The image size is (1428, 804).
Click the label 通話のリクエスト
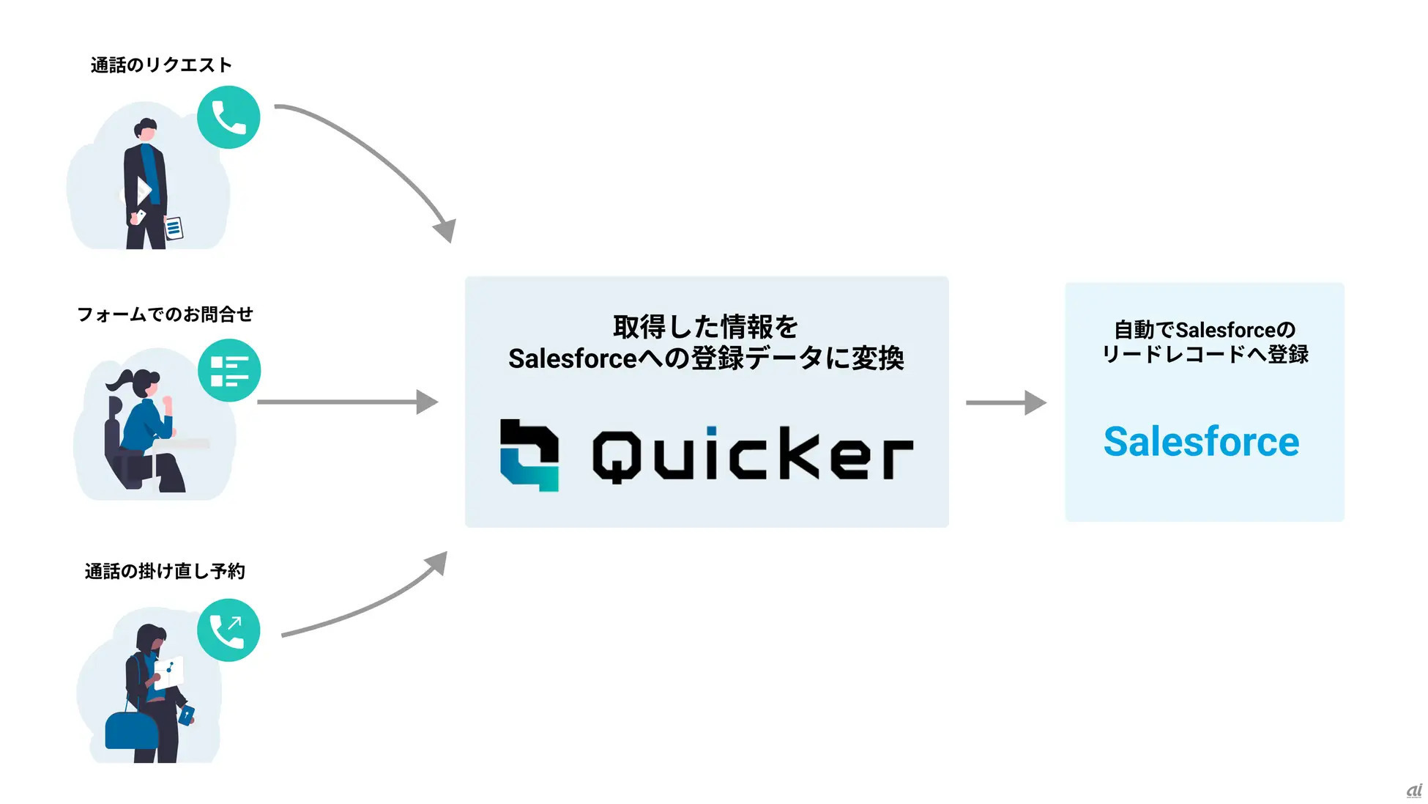pos(161,65)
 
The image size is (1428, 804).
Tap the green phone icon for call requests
pos(228,117)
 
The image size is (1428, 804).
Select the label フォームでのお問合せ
pos(165,314)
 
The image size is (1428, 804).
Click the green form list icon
pos(229,371)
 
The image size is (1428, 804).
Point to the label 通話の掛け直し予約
pos(165,571)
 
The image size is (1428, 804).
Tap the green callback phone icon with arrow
pos(228,630)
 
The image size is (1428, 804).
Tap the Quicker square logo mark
pos(529,454)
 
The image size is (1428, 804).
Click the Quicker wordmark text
pos(753,455)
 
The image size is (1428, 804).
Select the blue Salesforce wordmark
pos(1201,442)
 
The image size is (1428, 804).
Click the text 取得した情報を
pos(705,327)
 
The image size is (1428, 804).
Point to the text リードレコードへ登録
pos(1205,355)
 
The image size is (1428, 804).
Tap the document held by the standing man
pos(174,228)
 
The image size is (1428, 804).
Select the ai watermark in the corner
pos(1413,792)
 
